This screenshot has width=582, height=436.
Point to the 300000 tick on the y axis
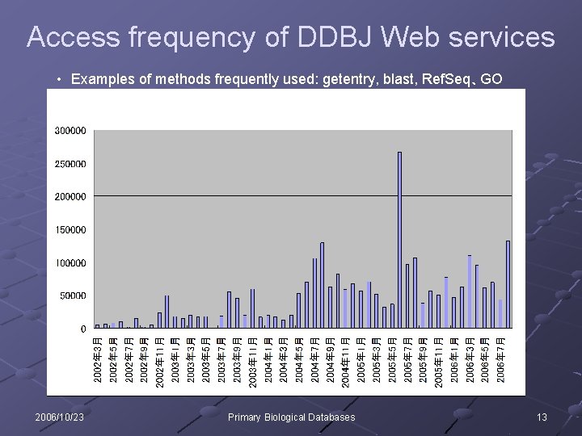click(70, 131)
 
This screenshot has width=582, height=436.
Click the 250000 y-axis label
click(70, 164)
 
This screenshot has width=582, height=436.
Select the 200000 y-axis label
click(70, 197)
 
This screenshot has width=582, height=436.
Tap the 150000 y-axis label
click(70, 230)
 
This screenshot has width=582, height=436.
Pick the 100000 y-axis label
click(70, 263)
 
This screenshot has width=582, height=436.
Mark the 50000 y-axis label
click(73, 296)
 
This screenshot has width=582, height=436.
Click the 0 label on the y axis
click(82, 329)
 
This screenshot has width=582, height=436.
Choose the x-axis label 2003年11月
click(252, 362)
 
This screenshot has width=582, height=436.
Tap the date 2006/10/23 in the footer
click(60, 417)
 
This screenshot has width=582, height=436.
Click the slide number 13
click(542, 417)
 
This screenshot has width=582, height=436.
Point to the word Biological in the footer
click(292, 417)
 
